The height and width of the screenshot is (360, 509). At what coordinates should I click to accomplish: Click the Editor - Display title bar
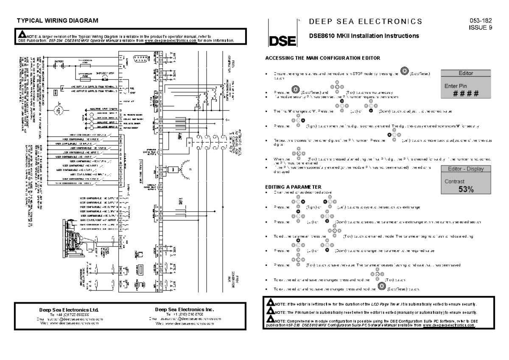463,169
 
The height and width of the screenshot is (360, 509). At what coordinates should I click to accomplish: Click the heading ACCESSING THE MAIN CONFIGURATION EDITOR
322,57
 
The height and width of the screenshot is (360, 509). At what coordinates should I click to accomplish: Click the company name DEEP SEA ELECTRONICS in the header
366,21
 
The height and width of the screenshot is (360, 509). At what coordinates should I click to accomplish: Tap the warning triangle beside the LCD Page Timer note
269,303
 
